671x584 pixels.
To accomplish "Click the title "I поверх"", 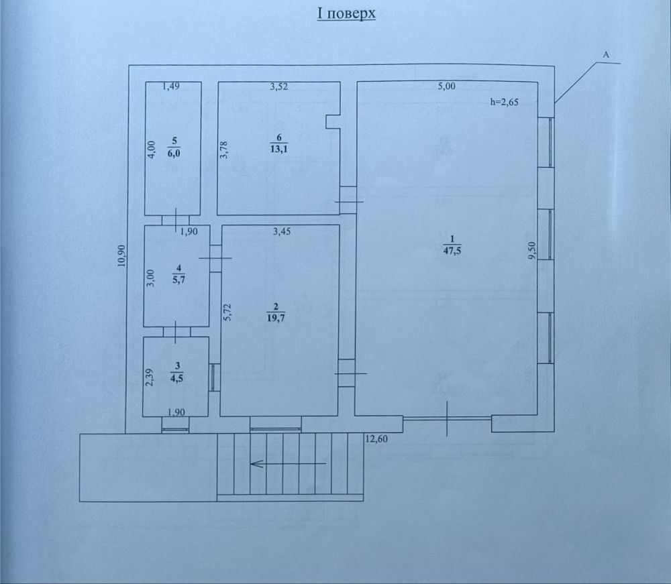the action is (x=346, y=13).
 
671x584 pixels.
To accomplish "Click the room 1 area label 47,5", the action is (x=452, y=251).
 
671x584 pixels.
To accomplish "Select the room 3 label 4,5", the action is (x=176, y=378).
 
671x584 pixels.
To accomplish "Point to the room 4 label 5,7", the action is (x=179, y=280).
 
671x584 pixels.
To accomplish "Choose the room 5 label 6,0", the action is (x=174, y=153).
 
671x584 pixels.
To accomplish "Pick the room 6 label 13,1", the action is (x=279, y=149).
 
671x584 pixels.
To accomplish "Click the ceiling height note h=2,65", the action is (x=504, y=102).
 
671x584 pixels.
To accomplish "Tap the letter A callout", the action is (x=605, y=55).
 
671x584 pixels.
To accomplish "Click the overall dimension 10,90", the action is (x=121, y=255).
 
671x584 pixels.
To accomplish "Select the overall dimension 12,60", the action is (x=376, y=439).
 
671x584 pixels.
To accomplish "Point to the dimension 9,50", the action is (x=532, y=251).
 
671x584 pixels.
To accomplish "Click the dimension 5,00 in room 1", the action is (x=447, y=86).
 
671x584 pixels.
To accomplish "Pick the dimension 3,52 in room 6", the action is (x=279, y=86).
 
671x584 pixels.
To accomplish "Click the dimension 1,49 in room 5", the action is (x=170, y=86).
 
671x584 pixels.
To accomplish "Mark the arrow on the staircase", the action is (x=289, y=463).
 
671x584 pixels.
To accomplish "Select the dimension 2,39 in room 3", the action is (x=149, y=377).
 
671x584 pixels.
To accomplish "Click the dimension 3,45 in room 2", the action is (x=282, y=231).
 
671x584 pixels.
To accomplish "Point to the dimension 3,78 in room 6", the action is (x=223, y=150).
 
